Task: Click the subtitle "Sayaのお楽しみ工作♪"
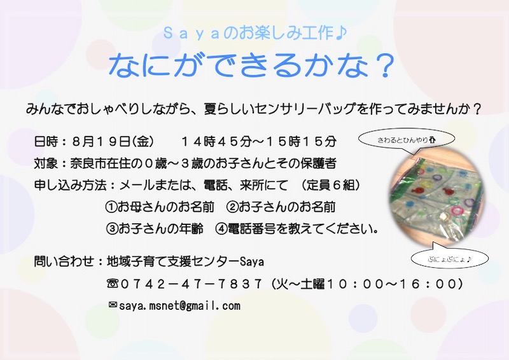255,33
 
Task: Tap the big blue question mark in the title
384,66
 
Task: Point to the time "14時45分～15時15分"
259,142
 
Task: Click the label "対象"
46,163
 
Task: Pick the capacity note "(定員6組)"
331,185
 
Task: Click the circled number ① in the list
111,207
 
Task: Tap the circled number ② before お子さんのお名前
232,207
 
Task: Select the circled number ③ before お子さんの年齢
111,228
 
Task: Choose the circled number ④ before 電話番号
221,228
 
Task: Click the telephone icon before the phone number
112,284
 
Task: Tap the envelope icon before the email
113,305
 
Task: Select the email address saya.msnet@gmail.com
179,306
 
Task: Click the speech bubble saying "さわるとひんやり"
406,140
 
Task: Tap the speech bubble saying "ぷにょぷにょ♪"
450,258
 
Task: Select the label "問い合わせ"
64,261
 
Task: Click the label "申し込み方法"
70,185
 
